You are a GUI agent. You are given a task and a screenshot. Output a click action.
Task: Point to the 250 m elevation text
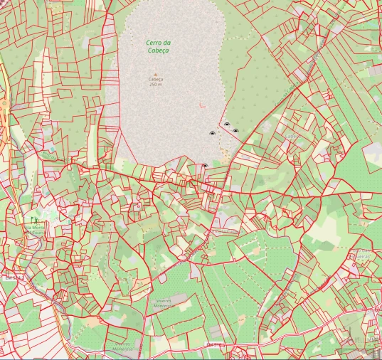[155, 85]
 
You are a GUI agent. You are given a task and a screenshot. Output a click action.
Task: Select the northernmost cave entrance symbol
[227, 125]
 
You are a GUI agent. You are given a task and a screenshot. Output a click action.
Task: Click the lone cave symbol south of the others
[205, 166]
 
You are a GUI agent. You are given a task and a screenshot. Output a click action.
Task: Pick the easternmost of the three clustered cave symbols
[235, 131]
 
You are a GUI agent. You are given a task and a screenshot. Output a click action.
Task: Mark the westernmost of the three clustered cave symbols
[211, 133]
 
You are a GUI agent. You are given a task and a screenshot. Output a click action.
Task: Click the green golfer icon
[31, 221]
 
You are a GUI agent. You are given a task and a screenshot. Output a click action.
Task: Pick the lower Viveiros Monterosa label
[122, 346]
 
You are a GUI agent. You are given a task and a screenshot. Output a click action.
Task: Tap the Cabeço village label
[292, 135]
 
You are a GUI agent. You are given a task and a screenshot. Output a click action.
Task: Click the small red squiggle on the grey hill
[202, 105]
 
